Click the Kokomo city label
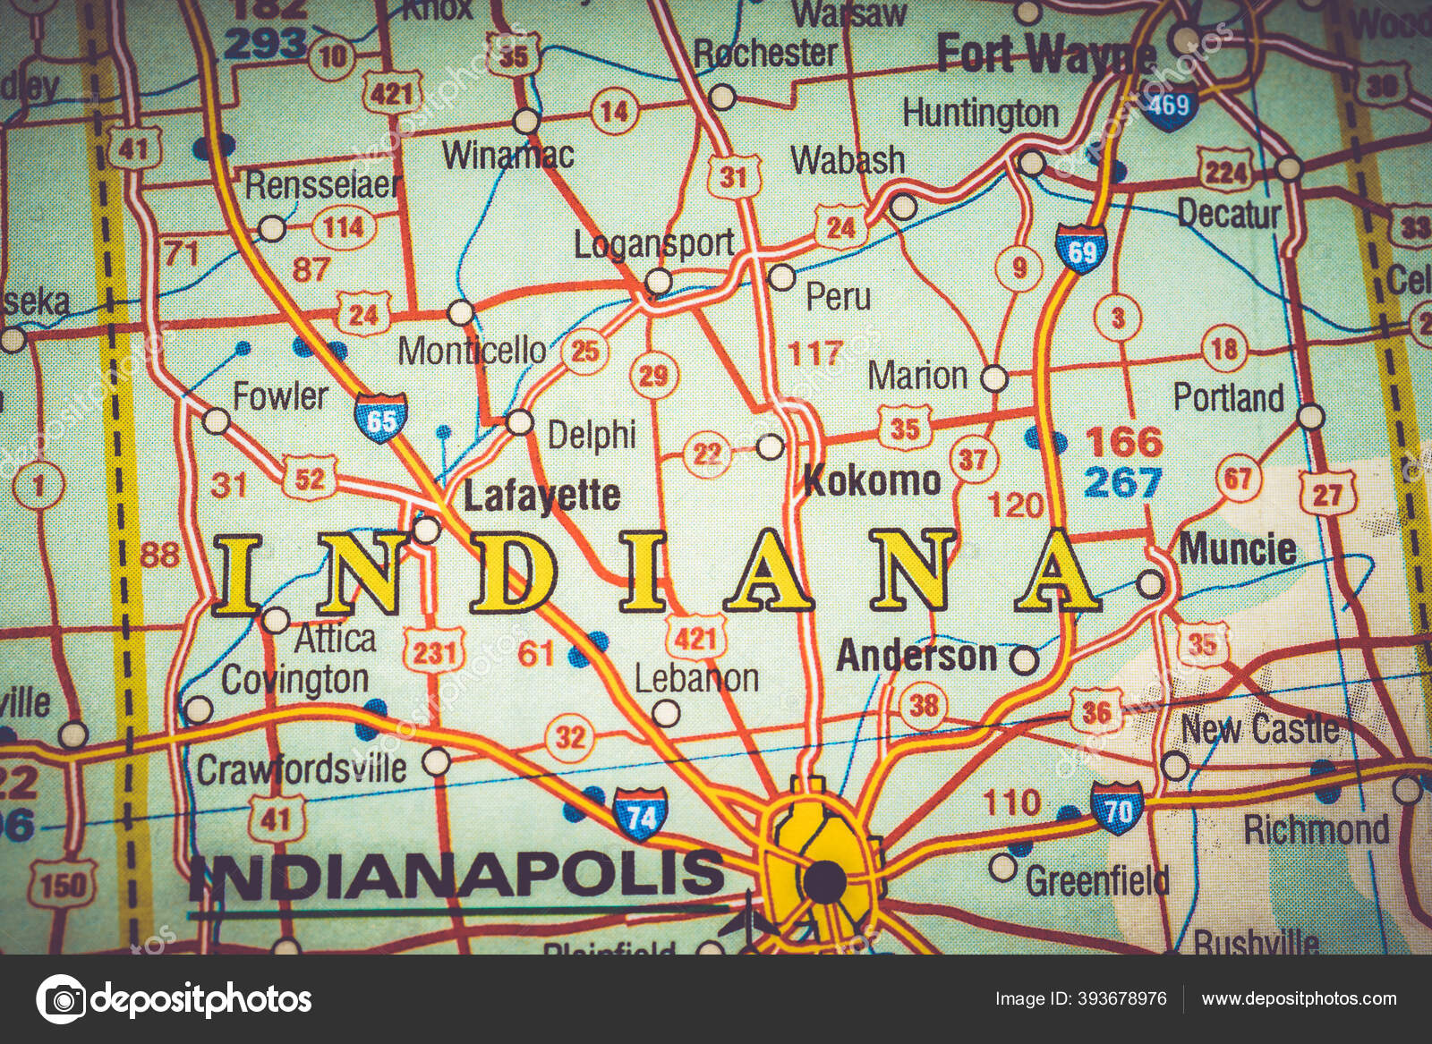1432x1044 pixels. [x=872, y=481]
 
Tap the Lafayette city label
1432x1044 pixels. [x=541, y=496]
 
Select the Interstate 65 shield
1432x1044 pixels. [x=381, y=417]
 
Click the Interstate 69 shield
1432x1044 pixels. [x=1081, y=250]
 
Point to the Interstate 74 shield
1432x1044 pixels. [x=641, y=813]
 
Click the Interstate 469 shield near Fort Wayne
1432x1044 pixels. [x=1169, y=108]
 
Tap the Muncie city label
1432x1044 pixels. [x=1237, y=548]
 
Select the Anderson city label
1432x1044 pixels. [x=916, y=657]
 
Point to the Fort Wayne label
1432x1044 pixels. [x=1045, y=56]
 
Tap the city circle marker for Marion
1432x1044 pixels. [x=994, y=378]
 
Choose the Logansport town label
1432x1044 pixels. [x=653, y=243]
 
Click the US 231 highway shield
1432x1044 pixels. [x=434, y=651]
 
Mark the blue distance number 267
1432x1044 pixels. [x=1122, y=482]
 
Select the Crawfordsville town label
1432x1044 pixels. [x=302, y=768]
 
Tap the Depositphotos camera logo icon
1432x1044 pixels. [x=61, y=999]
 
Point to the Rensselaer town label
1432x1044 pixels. [x=321, y=185]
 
